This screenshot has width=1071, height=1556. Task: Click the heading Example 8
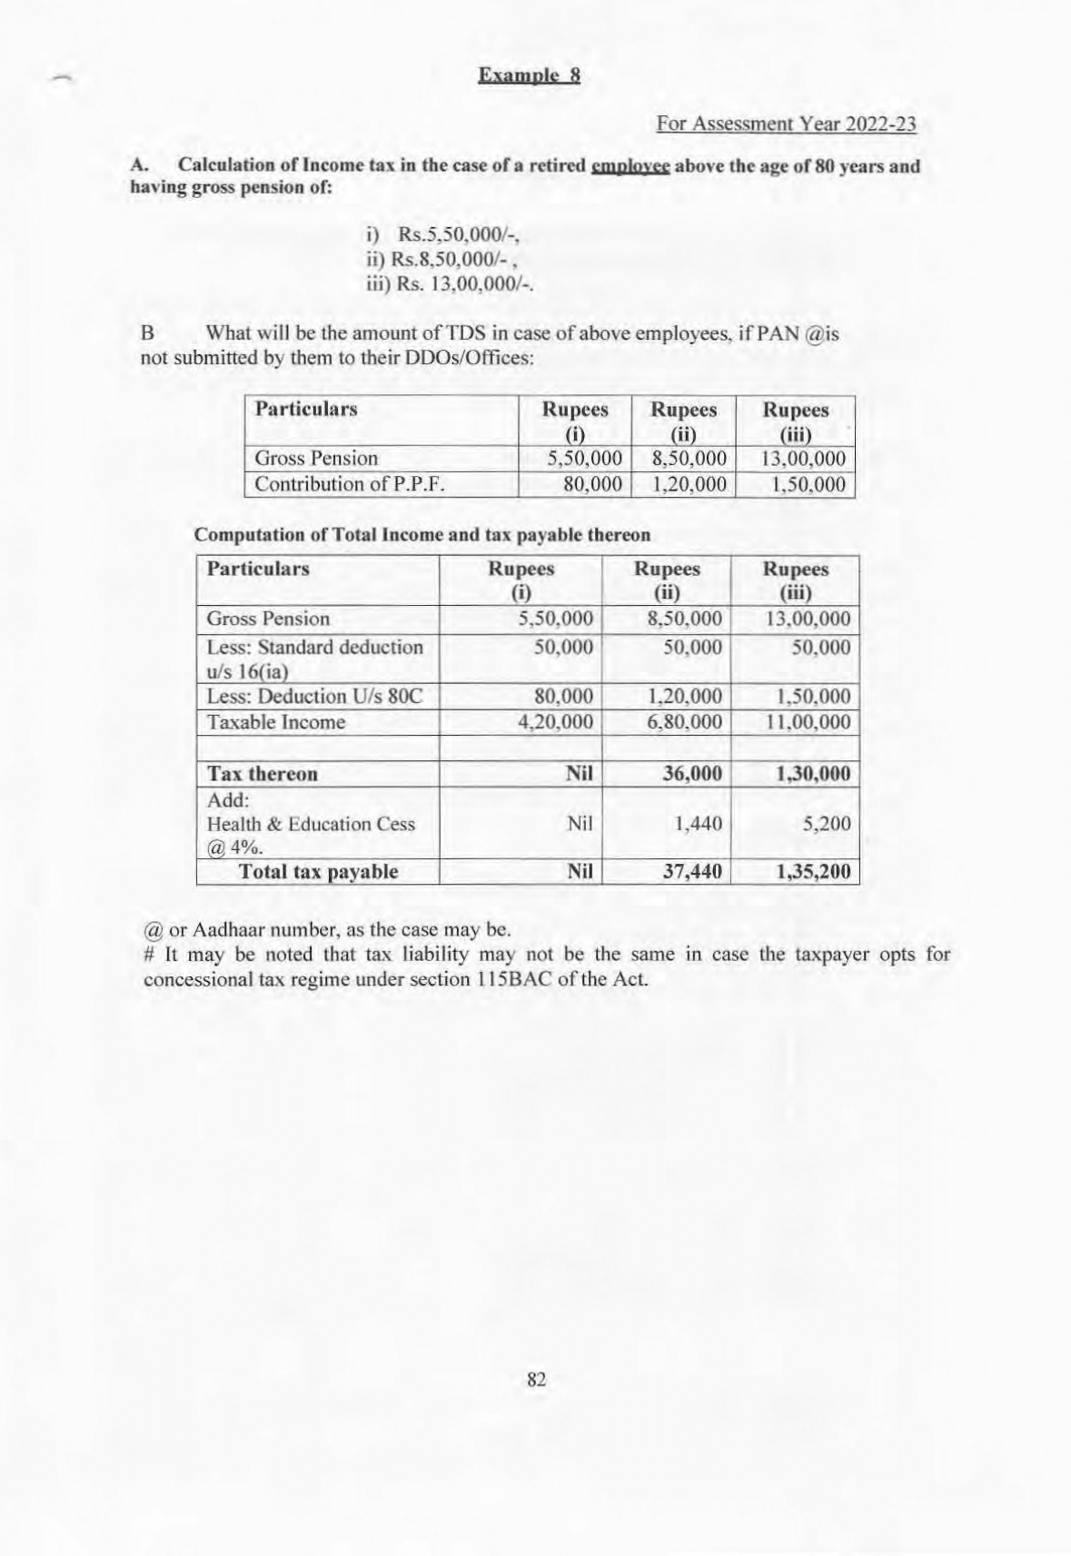coord(529,75)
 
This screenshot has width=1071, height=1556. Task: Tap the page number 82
coord(536,1379)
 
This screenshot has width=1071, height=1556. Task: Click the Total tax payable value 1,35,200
coord(813,872)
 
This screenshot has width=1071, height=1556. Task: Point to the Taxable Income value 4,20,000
coord(554,722)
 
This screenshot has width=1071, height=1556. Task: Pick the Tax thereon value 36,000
coord(691,774)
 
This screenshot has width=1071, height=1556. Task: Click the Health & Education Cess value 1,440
coord(698,824)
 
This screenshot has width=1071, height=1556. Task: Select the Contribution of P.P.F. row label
coord(350,484)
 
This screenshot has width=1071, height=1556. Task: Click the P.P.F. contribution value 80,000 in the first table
coord(592,484)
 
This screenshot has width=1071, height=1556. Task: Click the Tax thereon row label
coord(263,774)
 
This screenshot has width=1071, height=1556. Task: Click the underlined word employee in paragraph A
coord(630,166)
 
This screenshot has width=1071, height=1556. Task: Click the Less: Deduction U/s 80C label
coord(314,697)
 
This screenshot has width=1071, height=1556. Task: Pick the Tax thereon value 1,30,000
coord(813,774)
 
